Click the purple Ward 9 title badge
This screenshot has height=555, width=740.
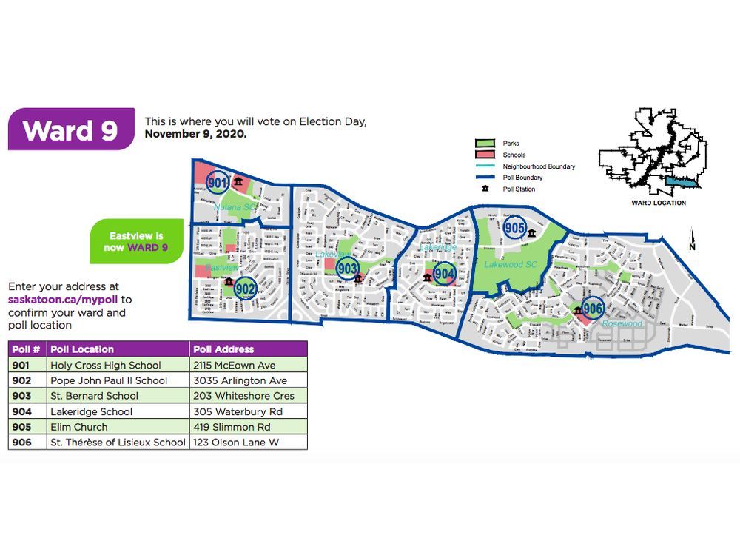pos(71,129)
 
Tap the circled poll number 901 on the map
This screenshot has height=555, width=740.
pos(217,182)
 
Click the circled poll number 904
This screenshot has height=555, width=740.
pos(444,274)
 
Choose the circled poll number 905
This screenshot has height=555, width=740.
pos(515,228)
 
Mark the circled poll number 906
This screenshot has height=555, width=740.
pos(593,308)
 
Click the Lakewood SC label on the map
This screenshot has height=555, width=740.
pos(510,264)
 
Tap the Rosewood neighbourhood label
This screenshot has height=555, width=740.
pos(622,324)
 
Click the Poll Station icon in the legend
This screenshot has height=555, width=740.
pos(485,189)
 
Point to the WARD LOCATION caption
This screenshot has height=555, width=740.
pos(658,203)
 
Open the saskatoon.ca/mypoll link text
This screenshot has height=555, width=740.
pos(70,300)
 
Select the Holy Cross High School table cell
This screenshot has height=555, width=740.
pos(104,365)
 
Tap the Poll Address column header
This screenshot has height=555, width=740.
pos(223,349)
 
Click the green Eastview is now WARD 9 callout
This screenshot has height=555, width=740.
pos(137,241)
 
